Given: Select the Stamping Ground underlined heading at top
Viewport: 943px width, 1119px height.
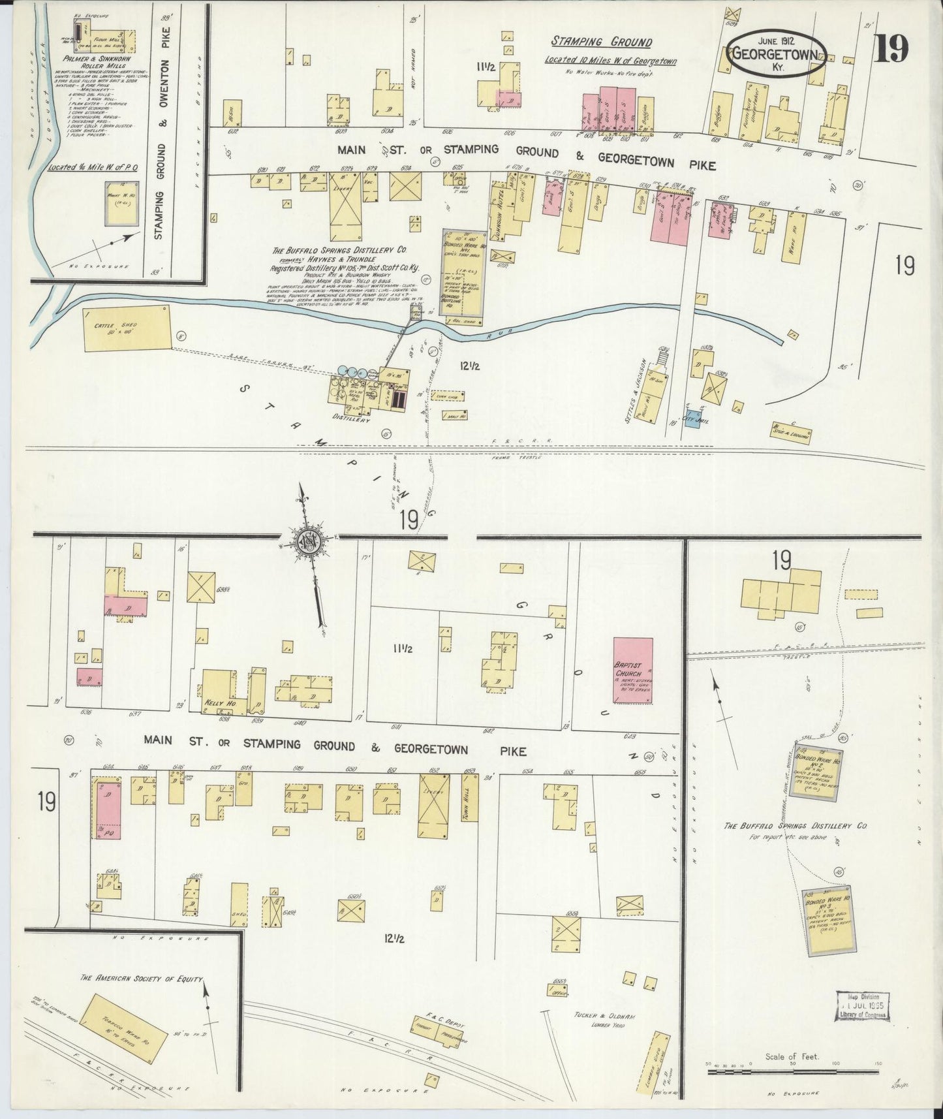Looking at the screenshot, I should [601, 42].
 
